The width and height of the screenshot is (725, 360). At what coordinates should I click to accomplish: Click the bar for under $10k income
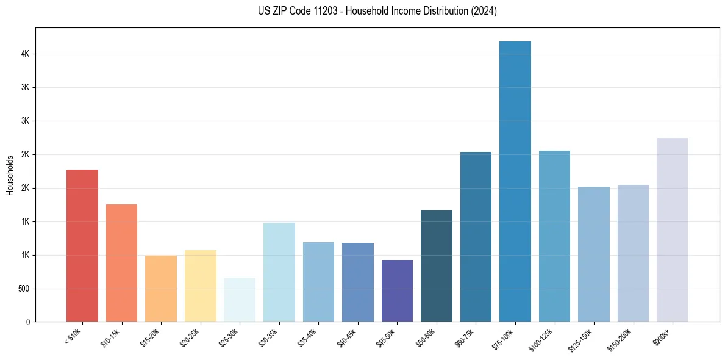tap(82, 245)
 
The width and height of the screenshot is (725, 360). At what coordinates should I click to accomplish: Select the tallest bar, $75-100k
tap(515, 181)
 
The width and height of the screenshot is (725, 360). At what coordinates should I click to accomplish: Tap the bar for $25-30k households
tap(240, 300)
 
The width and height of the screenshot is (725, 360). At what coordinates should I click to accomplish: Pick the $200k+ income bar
tap(673, 229)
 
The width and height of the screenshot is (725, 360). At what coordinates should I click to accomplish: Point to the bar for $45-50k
tap(397, 290)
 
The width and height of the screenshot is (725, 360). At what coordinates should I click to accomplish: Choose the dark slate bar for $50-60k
tap(437, 265)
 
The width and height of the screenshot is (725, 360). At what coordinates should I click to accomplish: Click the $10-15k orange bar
tap(121, 263)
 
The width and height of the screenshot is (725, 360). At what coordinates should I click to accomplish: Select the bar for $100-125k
tap(554, 236)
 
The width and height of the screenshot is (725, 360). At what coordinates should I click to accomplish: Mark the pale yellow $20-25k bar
tap(201, 286)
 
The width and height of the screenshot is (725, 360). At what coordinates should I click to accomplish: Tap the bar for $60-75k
tap(476, 237)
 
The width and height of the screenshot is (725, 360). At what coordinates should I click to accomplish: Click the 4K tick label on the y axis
tap(25, 54)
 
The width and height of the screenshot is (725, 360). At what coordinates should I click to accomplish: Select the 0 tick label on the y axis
tap(28, 322)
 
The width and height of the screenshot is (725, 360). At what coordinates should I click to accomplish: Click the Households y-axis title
tap(10, 175)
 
